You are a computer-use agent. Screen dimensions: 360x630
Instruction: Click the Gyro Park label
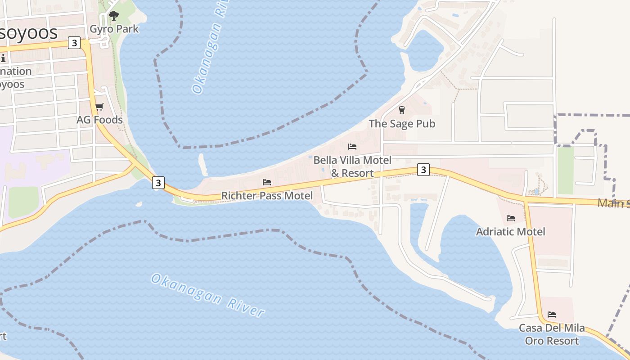click(x=114, y=29)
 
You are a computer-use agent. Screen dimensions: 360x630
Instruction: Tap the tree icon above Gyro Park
click(x=114, y=16)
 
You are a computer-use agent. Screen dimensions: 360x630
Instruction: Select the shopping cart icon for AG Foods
click(x=99, y=107)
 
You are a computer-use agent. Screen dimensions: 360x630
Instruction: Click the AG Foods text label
click(x=99, y=120)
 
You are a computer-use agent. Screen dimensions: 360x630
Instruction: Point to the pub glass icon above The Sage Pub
click(x=402, y=110)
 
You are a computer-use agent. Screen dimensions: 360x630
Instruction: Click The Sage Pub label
click(x=402, y=123)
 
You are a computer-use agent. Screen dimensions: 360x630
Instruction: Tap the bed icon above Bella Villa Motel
click(x=352, y=147)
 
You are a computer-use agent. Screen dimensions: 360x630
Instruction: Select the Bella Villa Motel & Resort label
click(x=352, y=166)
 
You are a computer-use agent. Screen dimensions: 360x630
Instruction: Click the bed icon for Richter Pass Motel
click(x=267, y=182)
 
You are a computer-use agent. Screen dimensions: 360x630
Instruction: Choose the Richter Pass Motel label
click(x=267, y=196)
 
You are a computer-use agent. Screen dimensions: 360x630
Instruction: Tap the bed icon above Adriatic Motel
click(x=511, y=218)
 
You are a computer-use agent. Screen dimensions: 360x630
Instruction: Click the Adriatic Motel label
click(x=511, y=232)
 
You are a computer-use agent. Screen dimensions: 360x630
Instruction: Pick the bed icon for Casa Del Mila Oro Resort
click(x=552, y=315)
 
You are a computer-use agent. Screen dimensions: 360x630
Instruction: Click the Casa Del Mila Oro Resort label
click(x=552, y=334)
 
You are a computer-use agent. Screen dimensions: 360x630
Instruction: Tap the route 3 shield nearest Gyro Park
click(x=74, y=43)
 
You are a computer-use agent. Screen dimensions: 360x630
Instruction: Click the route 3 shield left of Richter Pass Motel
click(x=158, y=183)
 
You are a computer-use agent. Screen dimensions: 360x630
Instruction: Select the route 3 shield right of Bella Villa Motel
click(x=423, y=170)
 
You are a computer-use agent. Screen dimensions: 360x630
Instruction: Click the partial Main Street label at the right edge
click(x=613, y=203)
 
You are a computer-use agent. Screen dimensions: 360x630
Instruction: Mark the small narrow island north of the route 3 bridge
click(x=203, y=165)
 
